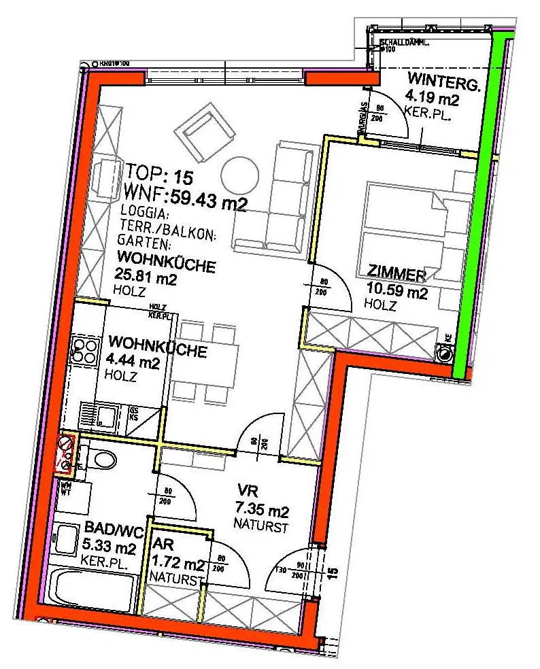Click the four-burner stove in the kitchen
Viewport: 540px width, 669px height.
point(84,349)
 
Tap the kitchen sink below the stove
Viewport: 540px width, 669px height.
point(97,415)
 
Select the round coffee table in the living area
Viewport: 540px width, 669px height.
point(239,176)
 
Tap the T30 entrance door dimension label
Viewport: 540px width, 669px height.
point(280,570)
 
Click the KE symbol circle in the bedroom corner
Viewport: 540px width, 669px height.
point(445,352)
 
